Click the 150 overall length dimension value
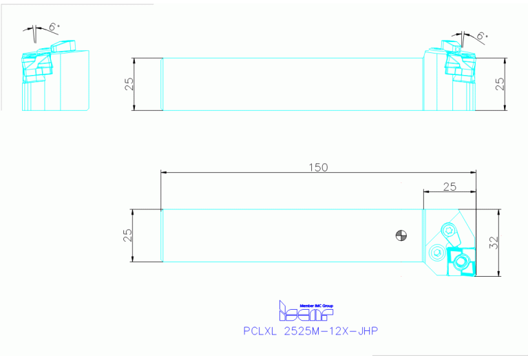click(x=318, y=167)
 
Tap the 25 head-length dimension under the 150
click(x=450, y=187)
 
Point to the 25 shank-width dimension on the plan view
click(x=127, y=235)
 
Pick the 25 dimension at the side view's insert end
click(x=500, y=84)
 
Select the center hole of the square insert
click(x=461, y=261)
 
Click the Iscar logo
click(x=306, y=313)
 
